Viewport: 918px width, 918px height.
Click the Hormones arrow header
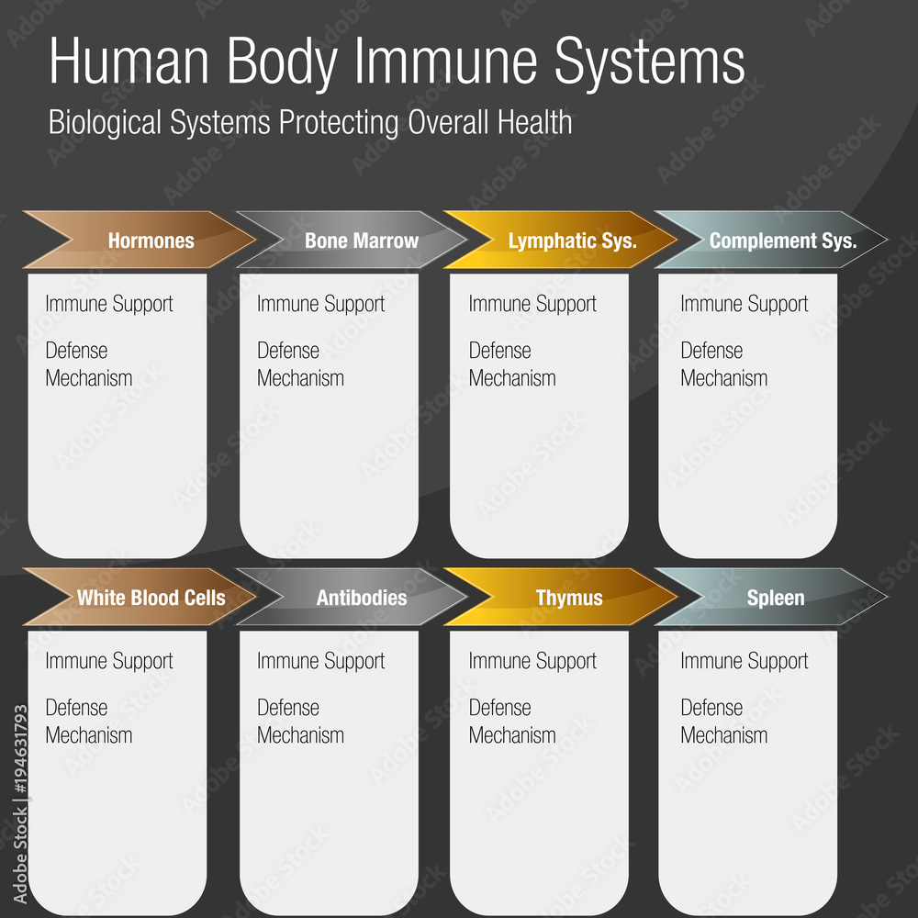(151, 241)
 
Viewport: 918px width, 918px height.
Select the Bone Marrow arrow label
(361, 241)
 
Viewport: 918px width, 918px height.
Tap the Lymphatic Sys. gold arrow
(572, 241)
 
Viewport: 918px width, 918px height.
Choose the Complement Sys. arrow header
(782, 241)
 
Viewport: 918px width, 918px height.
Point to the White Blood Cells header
(151, 598)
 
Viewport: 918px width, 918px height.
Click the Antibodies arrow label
(361, 598)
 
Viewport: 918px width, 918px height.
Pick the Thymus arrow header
(569, 598)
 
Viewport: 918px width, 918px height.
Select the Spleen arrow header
(776, 598)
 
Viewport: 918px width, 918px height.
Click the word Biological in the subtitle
(104, 123)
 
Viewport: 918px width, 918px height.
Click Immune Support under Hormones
(109, 304)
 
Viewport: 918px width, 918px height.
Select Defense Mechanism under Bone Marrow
(300, 364)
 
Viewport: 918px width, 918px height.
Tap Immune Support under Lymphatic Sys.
(532, 304)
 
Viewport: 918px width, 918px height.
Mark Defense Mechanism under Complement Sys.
(723, 364)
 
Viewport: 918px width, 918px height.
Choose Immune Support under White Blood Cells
(109, 661)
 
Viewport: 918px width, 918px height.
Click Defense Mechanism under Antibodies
(300, 722)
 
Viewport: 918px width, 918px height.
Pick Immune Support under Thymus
(532, 661)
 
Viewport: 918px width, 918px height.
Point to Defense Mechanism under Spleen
(723, 722)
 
